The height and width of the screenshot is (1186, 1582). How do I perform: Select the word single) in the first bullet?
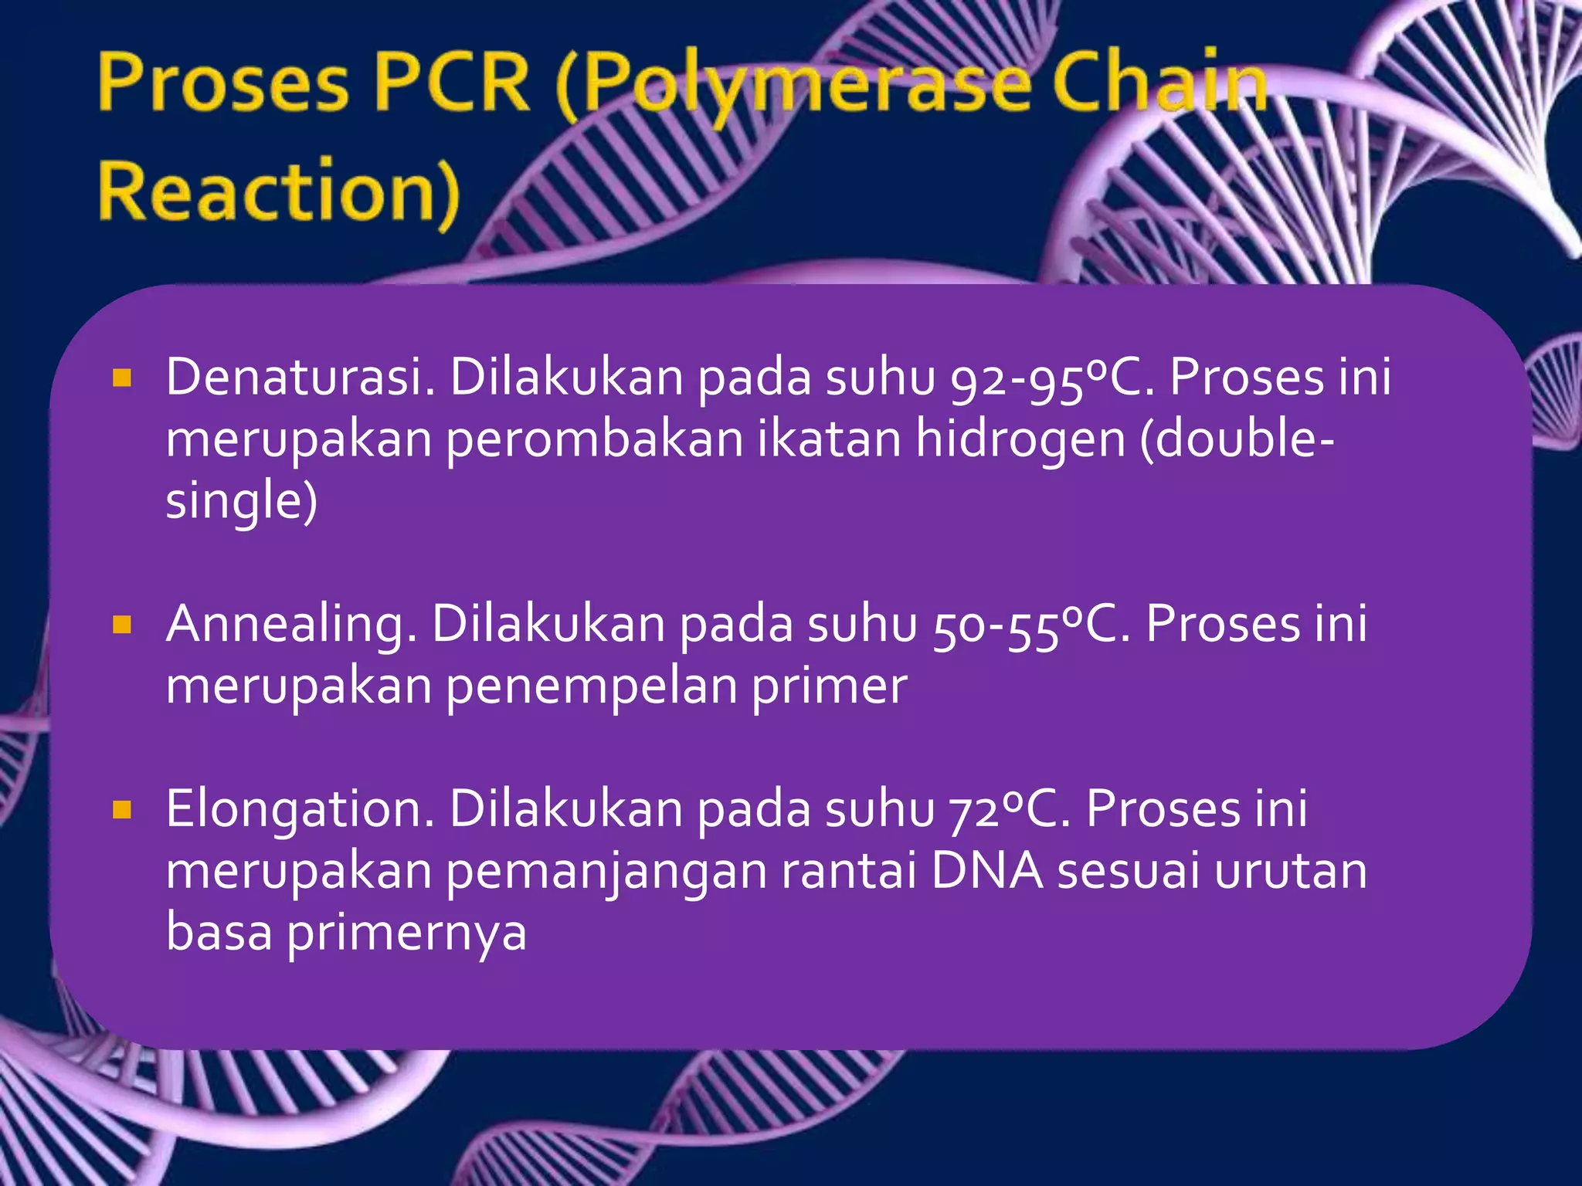coord(242,502)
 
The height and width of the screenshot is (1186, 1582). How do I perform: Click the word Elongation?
coord(300,809)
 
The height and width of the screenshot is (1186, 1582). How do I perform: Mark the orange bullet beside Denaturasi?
coord(122,378)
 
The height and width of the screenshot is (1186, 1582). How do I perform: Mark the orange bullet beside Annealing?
coord(122,624)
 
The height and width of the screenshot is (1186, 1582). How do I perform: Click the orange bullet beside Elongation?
coord(122,809)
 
